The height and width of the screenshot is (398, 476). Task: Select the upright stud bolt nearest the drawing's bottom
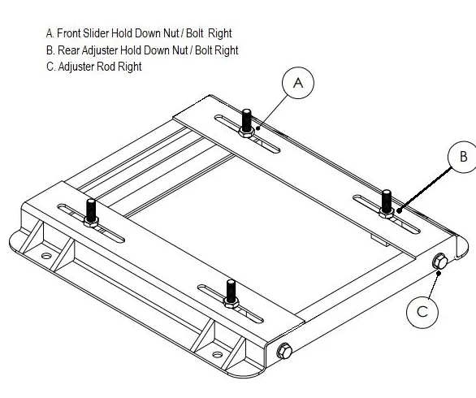tap(232, 294)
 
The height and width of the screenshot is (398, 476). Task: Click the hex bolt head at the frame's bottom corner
tap(284, 352)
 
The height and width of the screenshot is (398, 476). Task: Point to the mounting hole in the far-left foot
tap(46, 257)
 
